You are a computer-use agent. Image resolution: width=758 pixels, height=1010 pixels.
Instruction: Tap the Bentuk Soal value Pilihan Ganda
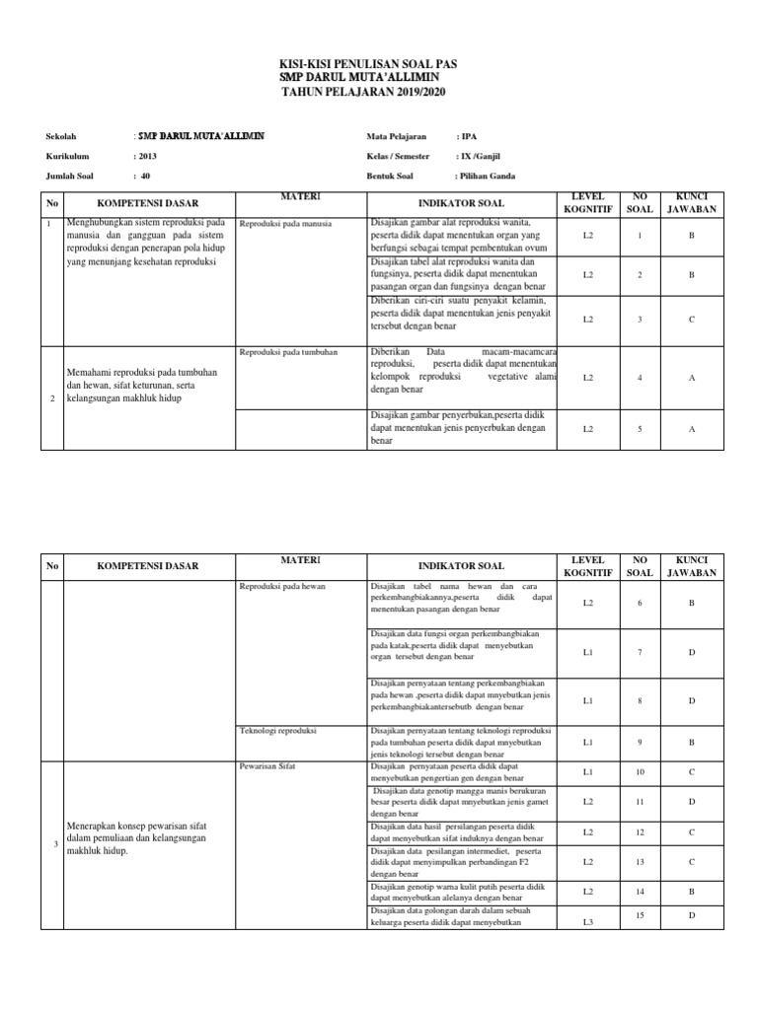click(485, 177)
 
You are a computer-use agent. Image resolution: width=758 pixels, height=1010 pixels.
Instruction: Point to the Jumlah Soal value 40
click(144, 177)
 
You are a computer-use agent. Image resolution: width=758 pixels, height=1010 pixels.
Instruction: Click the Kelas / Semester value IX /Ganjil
click(480, 156)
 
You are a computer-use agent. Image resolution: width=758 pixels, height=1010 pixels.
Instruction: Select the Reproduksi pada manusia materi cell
click(285, 225)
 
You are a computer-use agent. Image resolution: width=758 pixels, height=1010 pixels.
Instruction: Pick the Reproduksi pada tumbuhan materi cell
click(289, 352)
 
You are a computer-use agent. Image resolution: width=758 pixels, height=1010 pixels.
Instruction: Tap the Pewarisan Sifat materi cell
click(267, 764)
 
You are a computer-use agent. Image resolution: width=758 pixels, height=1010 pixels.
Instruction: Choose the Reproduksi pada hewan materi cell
click(282, 587)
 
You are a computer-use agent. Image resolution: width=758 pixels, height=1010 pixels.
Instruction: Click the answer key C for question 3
click(692, 319)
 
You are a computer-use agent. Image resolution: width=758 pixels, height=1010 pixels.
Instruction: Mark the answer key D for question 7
click(692, 652)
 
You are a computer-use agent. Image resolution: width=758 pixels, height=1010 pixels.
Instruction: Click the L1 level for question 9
click(588, 741)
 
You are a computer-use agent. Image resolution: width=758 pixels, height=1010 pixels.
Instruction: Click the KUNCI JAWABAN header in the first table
click(692, 203)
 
